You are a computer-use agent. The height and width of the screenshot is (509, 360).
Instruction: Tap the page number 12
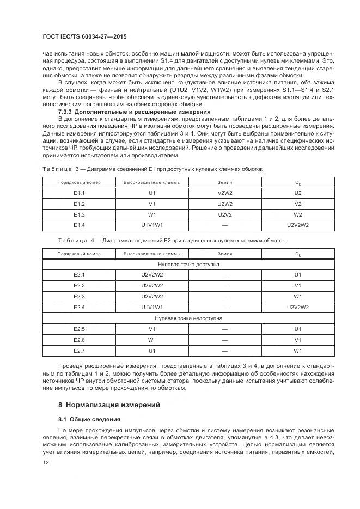45,462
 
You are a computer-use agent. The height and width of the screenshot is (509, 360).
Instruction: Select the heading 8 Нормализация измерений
108,405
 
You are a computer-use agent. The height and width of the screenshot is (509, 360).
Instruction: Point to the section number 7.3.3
67,111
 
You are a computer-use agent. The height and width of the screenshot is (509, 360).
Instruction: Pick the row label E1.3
79,214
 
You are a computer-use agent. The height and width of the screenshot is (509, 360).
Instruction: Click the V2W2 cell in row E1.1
224,193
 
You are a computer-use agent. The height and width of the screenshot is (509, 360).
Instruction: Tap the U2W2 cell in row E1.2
224,204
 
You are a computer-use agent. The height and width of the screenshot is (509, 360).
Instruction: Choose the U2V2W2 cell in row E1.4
297,225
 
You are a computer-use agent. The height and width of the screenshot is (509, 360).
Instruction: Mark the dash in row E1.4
224,225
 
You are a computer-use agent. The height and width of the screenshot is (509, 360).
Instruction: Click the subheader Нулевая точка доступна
188,264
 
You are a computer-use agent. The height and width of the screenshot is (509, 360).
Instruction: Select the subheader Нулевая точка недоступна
188,318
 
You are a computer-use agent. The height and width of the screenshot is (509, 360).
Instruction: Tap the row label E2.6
79,340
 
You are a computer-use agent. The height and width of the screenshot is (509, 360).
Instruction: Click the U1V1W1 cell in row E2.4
152,307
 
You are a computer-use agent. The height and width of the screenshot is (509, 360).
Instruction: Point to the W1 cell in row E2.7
297,351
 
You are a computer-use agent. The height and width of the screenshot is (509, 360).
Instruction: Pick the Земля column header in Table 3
224,182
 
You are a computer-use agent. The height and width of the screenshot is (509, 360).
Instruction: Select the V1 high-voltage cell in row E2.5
152,329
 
